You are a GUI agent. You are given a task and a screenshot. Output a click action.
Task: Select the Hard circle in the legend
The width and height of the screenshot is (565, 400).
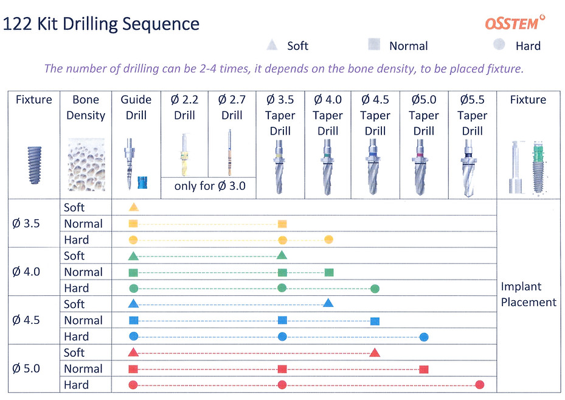point(499,45)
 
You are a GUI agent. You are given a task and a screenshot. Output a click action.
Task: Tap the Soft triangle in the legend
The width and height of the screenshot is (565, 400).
point(273,45)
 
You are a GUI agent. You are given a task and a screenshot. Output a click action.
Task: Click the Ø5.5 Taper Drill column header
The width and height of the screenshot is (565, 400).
point(472,115)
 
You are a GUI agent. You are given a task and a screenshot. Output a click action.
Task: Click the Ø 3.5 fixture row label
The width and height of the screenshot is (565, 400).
point(26,223)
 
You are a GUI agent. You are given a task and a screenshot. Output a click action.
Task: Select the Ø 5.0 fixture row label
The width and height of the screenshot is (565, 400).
point(26,368)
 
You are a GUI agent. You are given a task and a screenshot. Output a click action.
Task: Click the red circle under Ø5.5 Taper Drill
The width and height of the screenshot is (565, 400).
point(479,385)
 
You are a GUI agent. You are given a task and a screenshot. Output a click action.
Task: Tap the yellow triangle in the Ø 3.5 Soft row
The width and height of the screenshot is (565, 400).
point(134,208)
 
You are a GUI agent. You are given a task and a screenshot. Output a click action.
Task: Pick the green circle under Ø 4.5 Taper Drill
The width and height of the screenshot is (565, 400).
point(375,288)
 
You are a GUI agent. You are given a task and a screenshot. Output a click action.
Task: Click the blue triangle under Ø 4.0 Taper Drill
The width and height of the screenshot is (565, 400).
point(328,303)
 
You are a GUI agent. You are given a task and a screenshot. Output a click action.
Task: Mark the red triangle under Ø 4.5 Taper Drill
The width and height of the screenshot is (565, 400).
point(375,352)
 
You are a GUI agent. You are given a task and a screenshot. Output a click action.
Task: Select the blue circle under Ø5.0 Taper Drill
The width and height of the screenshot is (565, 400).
point(424,336)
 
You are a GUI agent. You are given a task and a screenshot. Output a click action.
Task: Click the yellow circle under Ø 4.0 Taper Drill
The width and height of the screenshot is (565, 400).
point(328,239)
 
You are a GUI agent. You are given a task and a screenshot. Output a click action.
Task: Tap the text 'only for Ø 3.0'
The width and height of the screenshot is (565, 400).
point(210,186)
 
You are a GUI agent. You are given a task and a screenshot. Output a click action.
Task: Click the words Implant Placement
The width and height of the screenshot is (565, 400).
point(528,294)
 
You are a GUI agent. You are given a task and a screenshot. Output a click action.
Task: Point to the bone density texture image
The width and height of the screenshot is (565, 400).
point(86,164)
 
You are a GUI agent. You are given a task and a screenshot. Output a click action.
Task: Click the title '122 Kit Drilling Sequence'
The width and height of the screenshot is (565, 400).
point(101,24)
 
